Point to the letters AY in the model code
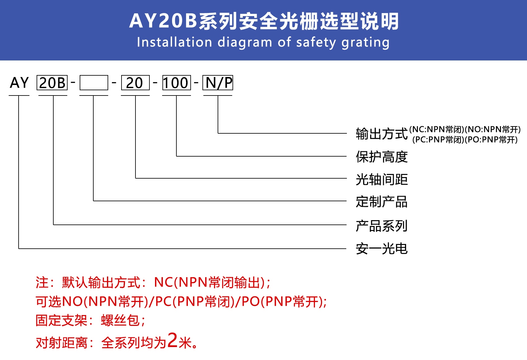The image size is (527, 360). (x=19, y=82)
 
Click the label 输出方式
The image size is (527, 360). (x=382, y=134)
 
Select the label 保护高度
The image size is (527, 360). (x=382, y=157)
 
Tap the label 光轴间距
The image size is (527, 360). (x=382, y=180)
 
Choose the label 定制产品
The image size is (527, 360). (x=382, y=202)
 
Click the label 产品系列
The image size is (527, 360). (x=382, y=226)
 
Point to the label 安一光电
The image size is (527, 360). (x=382, y=249)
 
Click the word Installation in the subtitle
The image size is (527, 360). (x=175, y=42)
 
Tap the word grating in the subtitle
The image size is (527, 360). (x=365, y=43)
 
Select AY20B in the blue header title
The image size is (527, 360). (x=163, y=21)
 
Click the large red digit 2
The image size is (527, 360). (x=173, y=340)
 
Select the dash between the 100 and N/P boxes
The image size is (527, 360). (x=196, y=82)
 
